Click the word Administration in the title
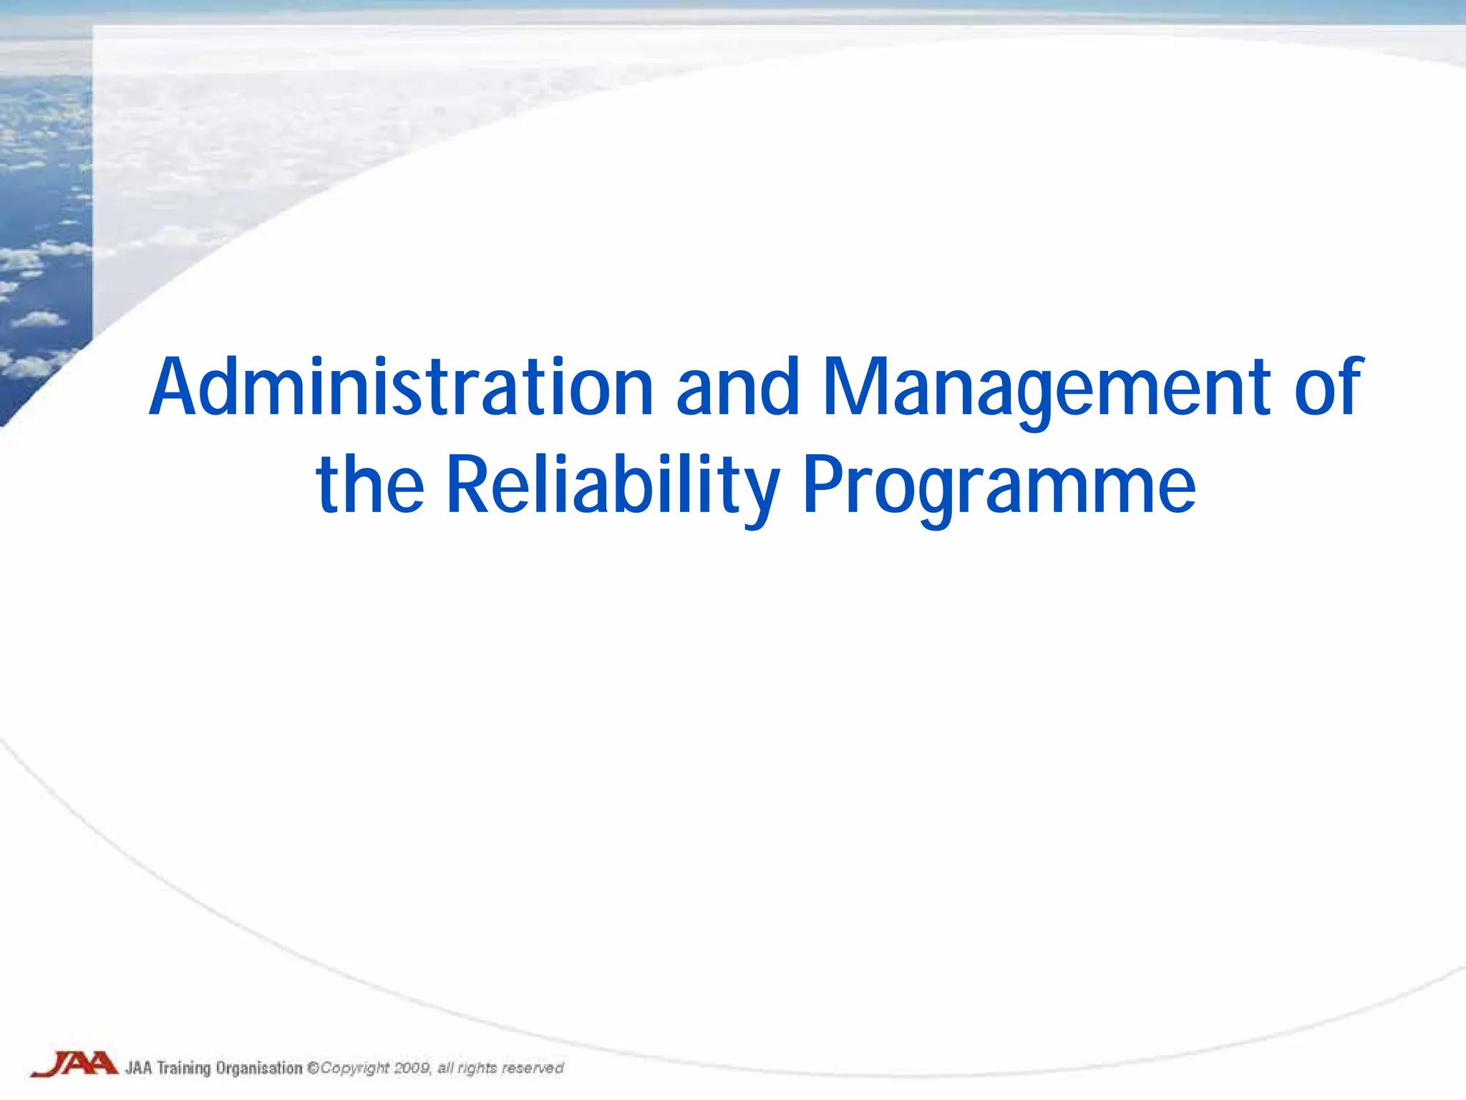coord(401,387)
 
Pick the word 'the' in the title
coord(370,486)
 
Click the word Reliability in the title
coord(613,486)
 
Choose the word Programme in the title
coord(999,486)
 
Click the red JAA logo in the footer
coord(74,1064)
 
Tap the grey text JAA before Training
coord(139,1068)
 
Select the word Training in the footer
coord(183,1068)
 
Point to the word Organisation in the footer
coord(259,1068)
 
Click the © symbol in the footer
coord(313,1068)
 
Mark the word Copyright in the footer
coord(355,1068)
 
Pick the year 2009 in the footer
coord(412,1068)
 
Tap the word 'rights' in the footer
coord(477,1068)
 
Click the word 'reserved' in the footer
coord(533,1068)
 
